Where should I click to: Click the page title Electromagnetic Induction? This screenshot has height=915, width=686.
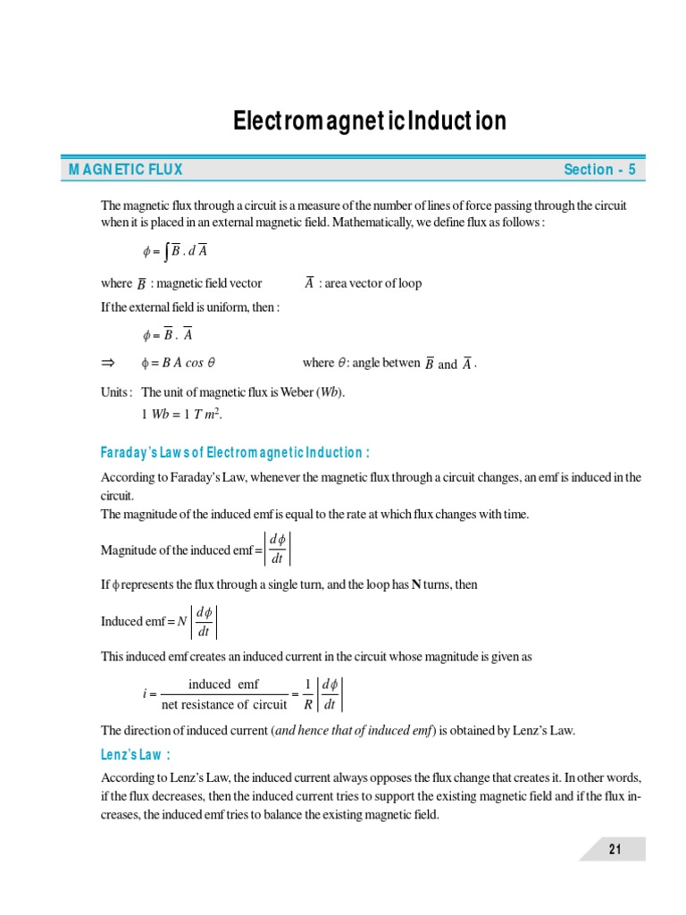[x=369, y=121]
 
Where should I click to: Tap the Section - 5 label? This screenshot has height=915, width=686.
[x=599, y=170]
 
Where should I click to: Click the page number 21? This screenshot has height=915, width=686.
[x=615, y=849]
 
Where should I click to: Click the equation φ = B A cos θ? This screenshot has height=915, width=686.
[x=179, y=363]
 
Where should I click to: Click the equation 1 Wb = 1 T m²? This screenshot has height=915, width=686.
[x=180, y=415]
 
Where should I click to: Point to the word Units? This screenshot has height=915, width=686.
[x=117, y=392]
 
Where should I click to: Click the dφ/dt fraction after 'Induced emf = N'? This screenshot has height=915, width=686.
[x=204, y=622]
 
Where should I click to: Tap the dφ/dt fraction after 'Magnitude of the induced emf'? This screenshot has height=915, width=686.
[x=277, y=549]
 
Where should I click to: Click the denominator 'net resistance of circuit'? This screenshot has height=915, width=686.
[x=224, y=704]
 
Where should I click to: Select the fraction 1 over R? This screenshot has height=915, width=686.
[x=307, y=693]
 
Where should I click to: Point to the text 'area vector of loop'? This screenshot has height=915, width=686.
[x=375, y=283]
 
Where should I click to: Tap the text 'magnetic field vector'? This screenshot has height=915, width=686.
[x=209, y=283]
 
